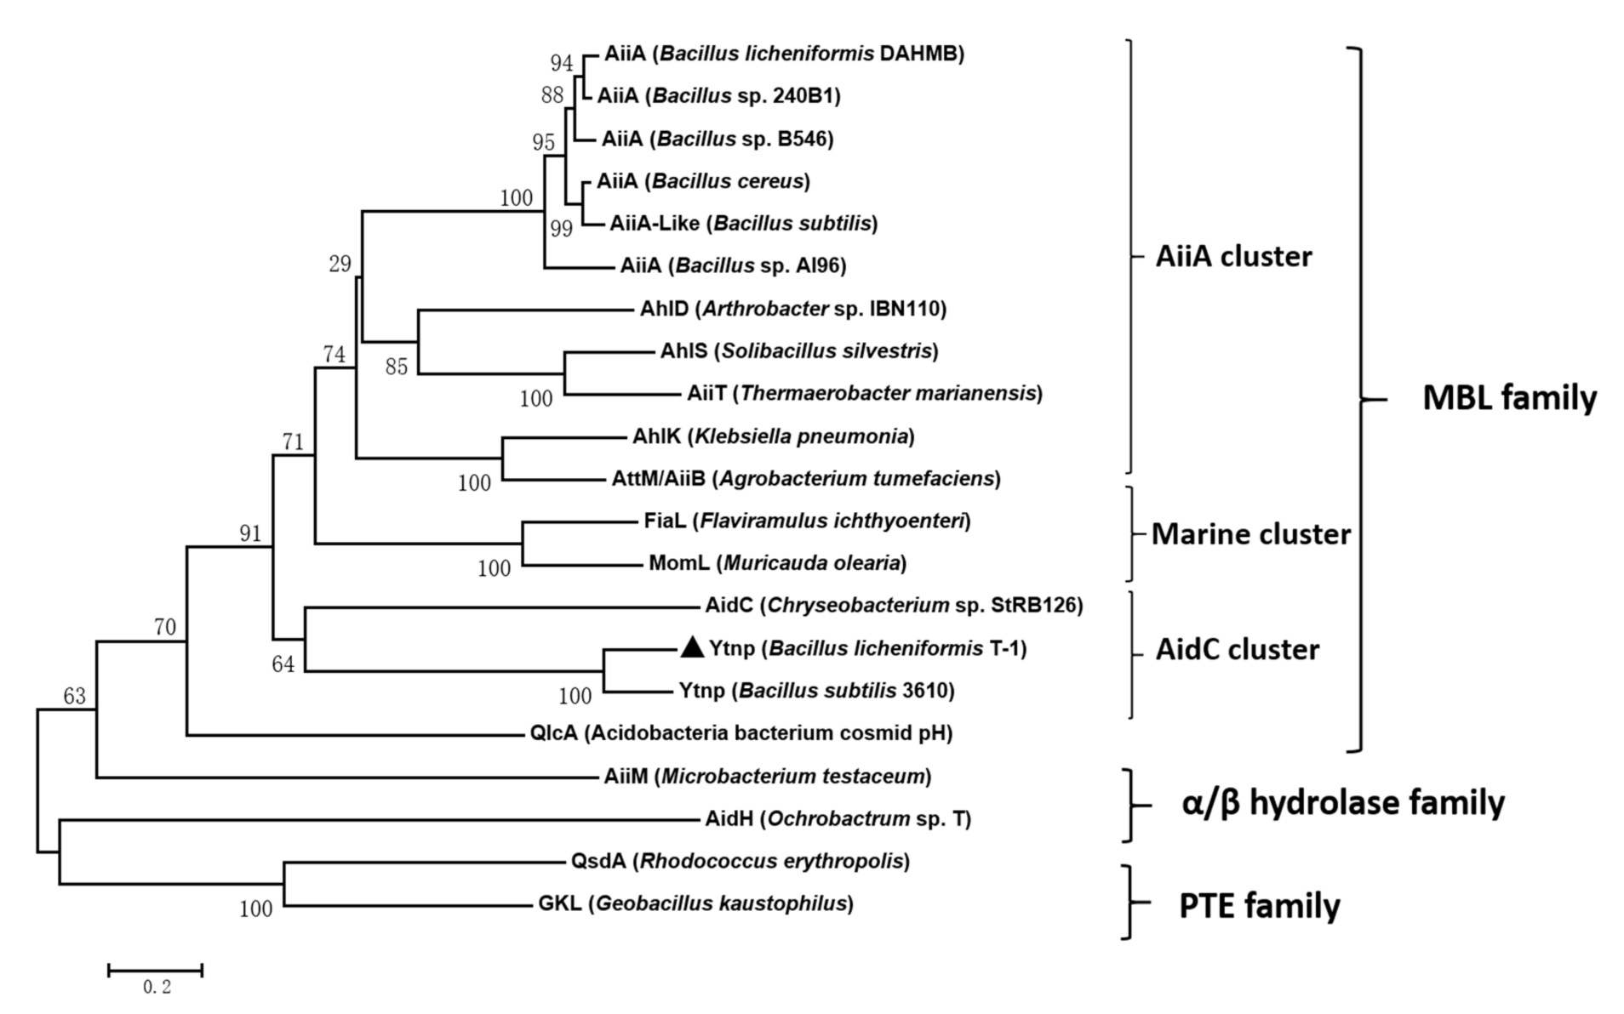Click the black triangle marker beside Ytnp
pos(693,648)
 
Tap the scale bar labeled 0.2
pos(156,970)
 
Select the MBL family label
pos(1509,398)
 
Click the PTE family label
pos(1259,906)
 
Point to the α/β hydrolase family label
pos(1342,803)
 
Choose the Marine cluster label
pos(1250,534)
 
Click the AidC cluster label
pos(1237,650)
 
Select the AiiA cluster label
pos(1232,256)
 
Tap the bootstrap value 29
pos(340,264)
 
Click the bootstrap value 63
pos(75,696)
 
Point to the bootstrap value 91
pos(250,533)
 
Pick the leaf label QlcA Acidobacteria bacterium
pos(741,732)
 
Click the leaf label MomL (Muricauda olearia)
pos(777,562)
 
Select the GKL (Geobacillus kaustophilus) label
pos(695,903)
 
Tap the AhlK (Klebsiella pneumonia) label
pos(773,436)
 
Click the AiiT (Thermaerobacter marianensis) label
pos(864,393)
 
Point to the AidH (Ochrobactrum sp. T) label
pos(838,818)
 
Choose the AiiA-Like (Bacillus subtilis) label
pos(743,223)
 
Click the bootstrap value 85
pos(397,367)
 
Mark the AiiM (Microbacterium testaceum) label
pos(767,776)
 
